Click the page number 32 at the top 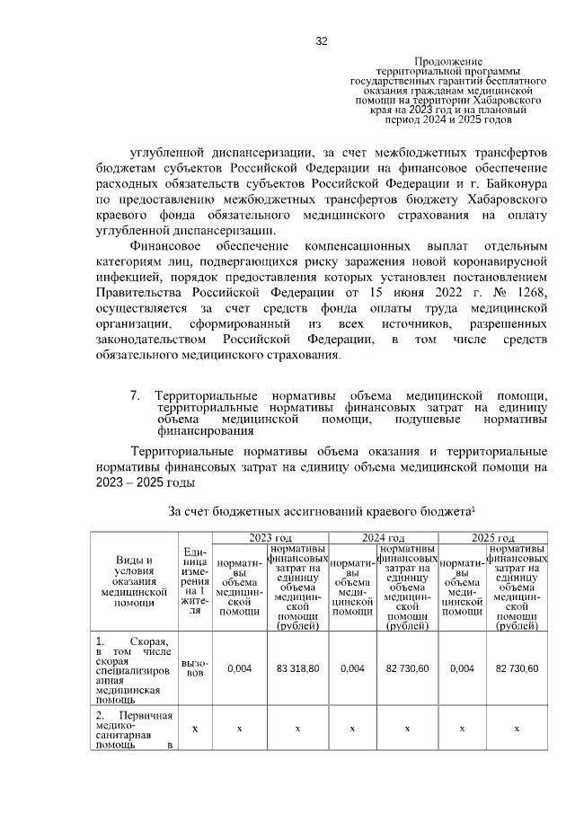[321, 41]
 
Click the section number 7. [136, 395]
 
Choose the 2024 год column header [383, 536]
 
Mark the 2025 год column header [493, 536]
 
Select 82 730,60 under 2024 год [406, 668]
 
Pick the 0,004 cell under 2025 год [462, 668]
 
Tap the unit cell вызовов [195, 668]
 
